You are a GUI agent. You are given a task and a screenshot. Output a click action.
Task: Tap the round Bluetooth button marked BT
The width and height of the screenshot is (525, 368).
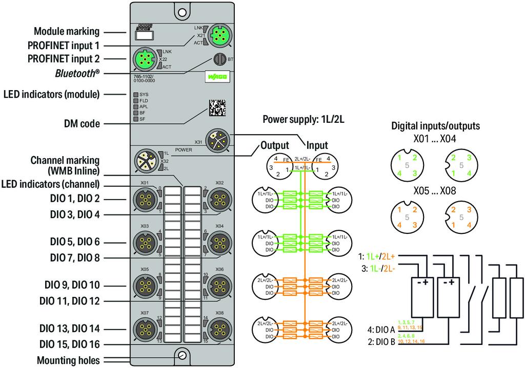[219, 59]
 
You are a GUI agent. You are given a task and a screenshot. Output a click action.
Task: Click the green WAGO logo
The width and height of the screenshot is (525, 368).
[216, 77]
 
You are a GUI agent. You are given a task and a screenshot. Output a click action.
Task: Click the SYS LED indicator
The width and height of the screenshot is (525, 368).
[136, 95]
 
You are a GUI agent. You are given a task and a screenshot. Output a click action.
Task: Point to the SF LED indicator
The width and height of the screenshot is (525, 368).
[136, 119]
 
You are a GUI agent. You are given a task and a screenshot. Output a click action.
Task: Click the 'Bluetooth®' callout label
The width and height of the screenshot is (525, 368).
[77, 73]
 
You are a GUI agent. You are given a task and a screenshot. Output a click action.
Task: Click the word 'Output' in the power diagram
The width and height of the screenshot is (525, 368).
[275, 145]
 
